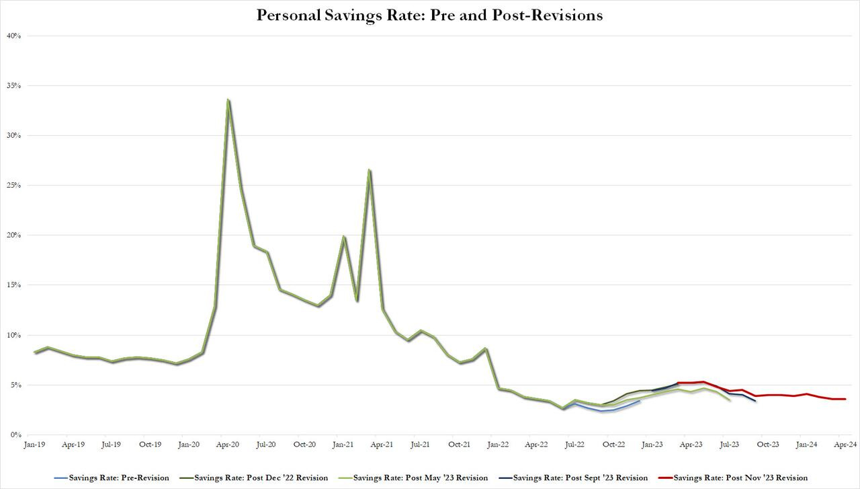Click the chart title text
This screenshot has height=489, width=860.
coord(429,15)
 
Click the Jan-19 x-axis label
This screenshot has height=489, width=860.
coord(34,445)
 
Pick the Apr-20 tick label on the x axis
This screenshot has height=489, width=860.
coord(228,445)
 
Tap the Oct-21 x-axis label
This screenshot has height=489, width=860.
coord(459,445)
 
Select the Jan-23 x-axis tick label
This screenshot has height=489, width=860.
coord(652,445)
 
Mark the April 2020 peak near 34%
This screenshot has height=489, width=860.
coord(228,100)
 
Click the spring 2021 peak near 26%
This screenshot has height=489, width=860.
coord(369,170)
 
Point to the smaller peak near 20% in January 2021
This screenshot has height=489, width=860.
coord(343,237)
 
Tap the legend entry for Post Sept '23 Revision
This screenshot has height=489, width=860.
coord(571,478)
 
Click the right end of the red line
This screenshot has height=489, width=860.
coord(845,399)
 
